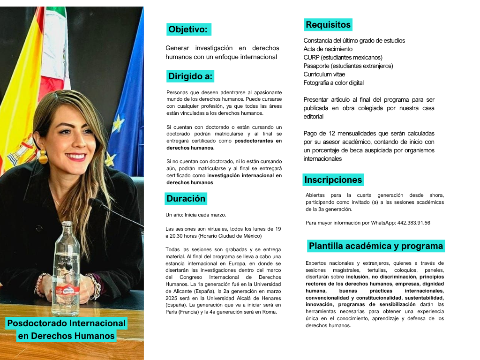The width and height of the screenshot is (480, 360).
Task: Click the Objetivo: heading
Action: tap(188, 30)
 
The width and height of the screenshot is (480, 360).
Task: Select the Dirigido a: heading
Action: tap(190, 76)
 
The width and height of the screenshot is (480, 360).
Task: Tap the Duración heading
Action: tap(186, 199)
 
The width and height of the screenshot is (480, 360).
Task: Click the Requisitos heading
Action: tap(328, 25)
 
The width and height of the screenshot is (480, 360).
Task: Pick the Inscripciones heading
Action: tap(333, 180)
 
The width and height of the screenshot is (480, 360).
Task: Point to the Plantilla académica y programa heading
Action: tap(375, 246)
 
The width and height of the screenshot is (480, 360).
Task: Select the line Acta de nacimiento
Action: tap(328, 49)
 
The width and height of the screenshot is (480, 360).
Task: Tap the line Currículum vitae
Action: tap(324, 75)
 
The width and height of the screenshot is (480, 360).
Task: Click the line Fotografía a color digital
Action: tap(333, 83)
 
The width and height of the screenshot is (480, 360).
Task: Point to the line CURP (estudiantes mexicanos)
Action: tap(343, 58)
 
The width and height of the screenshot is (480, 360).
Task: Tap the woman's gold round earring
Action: tap(43, 157)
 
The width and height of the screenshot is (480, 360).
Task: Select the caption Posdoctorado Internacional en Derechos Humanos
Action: tap(66, 330)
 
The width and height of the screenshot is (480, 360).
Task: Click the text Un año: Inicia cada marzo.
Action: tap(195, 215)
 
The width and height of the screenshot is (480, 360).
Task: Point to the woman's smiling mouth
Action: tap(75, 156)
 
